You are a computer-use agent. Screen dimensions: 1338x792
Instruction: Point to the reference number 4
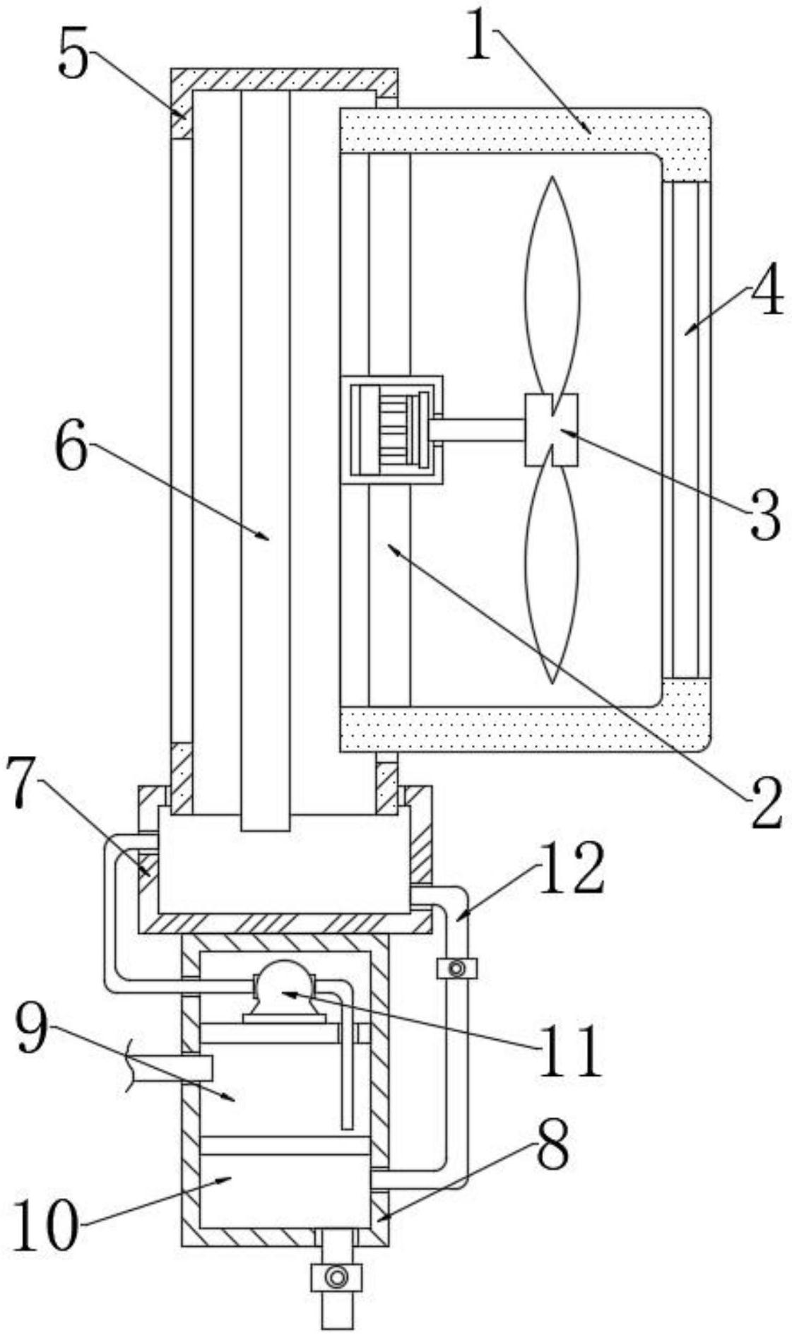coord(766,292)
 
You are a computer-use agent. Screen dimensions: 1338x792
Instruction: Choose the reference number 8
coord(552,1145)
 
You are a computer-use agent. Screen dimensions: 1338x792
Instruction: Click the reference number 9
coord(32,1031)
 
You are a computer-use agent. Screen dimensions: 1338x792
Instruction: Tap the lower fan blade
coord(552,572)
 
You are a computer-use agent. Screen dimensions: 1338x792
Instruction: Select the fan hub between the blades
coord(551,430)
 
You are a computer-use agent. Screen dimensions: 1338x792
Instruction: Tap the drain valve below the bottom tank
coord(336,1277)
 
